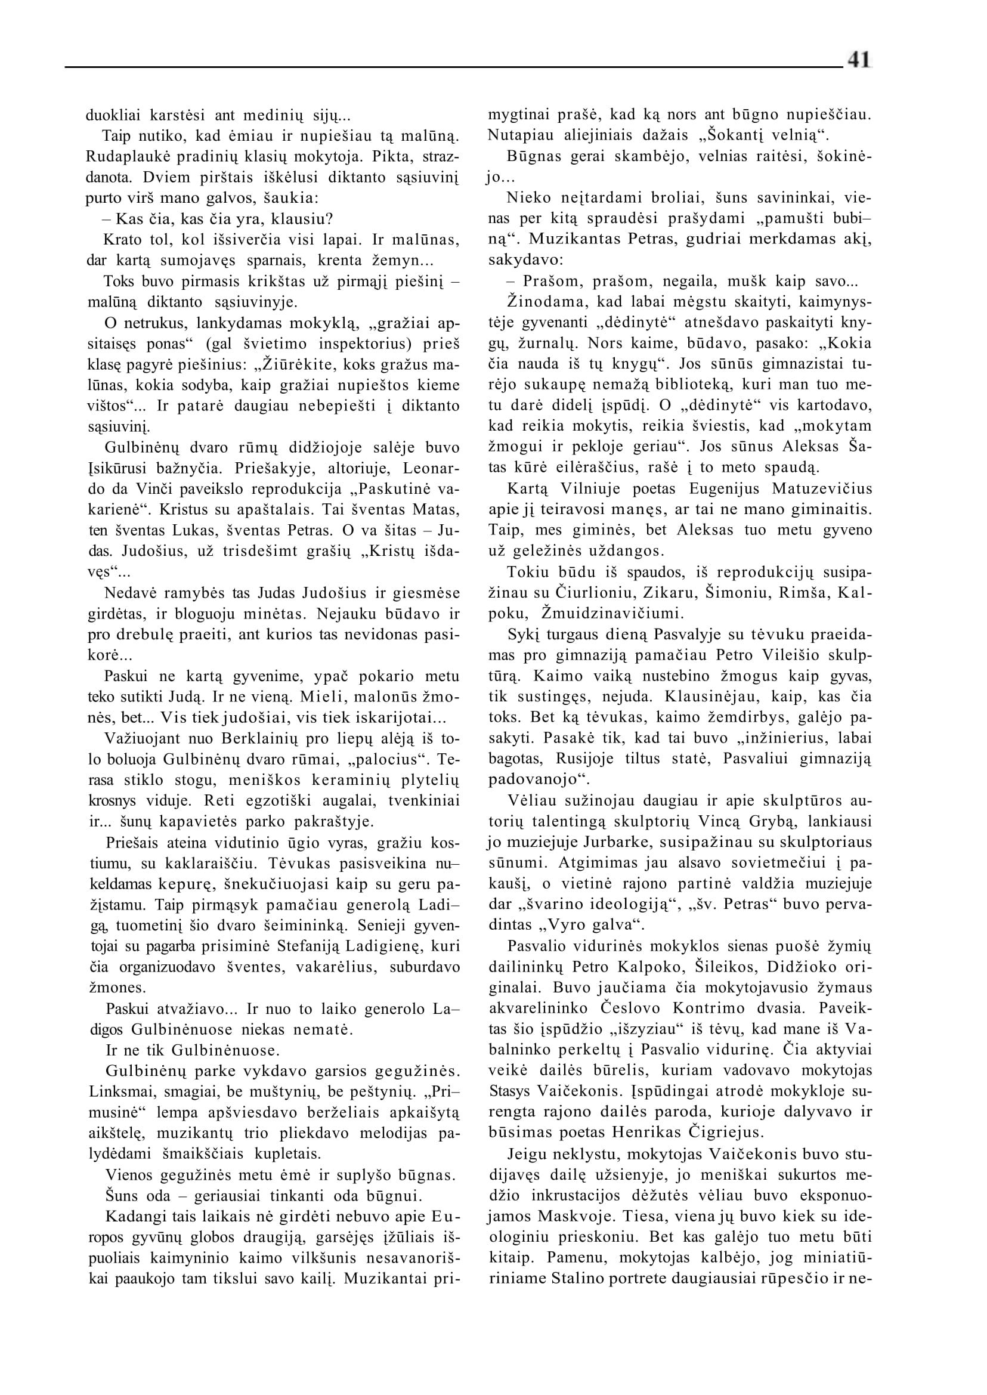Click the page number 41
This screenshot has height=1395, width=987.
pyautogui.click(x=858, y=60)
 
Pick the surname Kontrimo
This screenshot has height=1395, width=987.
pyautogui.click(x=707, y=1008)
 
